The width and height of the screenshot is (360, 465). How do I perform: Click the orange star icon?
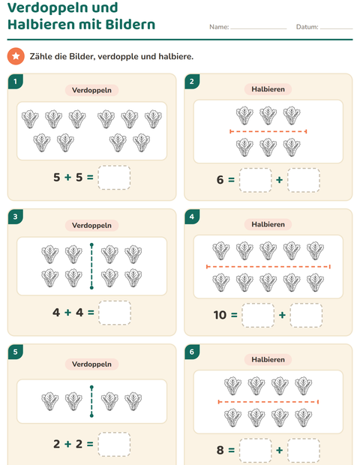[x=16, y=56]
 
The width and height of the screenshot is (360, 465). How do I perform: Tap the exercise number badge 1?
[x=16, y=82]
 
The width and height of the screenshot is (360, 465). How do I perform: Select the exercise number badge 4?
[x=192, y=217]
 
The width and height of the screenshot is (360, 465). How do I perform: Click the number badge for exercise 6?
[x=192, y=352]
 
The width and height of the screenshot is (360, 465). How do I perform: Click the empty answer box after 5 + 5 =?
[x=114, y=177]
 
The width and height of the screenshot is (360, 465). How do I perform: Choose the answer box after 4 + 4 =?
[x=115, y=313]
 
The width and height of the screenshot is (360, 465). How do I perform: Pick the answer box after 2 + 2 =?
[x=114, y=444]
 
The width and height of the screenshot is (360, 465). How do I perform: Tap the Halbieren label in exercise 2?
[x=268, y=89]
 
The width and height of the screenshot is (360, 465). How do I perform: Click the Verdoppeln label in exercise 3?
[x=91, y=226]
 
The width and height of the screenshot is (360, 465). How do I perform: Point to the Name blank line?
[x=259, y=28]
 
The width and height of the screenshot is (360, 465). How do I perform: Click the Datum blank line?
[x=336, y=28]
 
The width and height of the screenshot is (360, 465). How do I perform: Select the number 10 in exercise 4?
[x=220, y=315]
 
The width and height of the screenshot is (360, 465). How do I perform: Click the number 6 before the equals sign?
[x=220, y=180]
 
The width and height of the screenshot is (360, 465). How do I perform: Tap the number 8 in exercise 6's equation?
[x=220, y=450]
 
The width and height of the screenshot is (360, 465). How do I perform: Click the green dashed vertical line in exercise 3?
[x=91, y=266]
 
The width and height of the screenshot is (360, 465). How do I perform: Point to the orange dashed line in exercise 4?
[x=268, y=266]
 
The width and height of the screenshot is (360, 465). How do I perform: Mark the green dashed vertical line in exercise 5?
[x=91, y=401]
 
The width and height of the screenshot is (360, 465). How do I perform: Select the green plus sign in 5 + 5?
[x=68, y=177]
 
